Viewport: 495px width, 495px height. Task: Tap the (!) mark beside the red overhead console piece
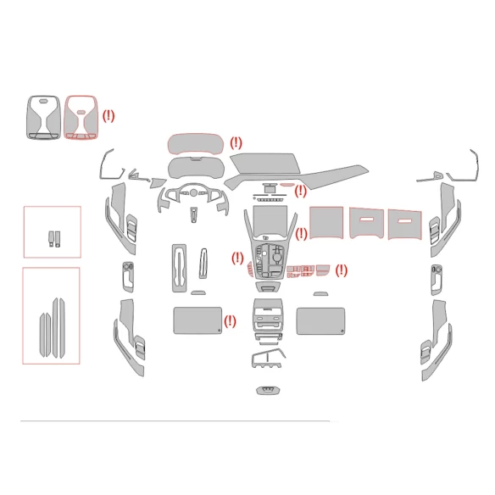[108, 115]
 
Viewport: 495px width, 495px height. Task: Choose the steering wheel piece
[193, 197]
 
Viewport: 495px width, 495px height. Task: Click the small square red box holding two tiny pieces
[52, 231]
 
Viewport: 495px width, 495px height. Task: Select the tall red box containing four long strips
[51, 315]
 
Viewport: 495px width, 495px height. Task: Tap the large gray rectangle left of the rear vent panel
[197, 321]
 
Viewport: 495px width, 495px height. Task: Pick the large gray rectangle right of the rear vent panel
[320, 321]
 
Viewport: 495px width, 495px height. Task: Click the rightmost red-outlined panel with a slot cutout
[406, 222]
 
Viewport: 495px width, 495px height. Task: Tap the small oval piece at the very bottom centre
[266, 391]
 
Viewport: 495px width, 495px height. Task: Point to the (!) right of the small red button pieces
[342, 270]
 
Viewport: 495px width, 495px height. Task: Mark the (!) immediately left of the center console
[237, 258]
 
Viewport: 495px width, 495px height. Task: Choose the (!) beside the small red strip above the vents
[300, 191]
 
